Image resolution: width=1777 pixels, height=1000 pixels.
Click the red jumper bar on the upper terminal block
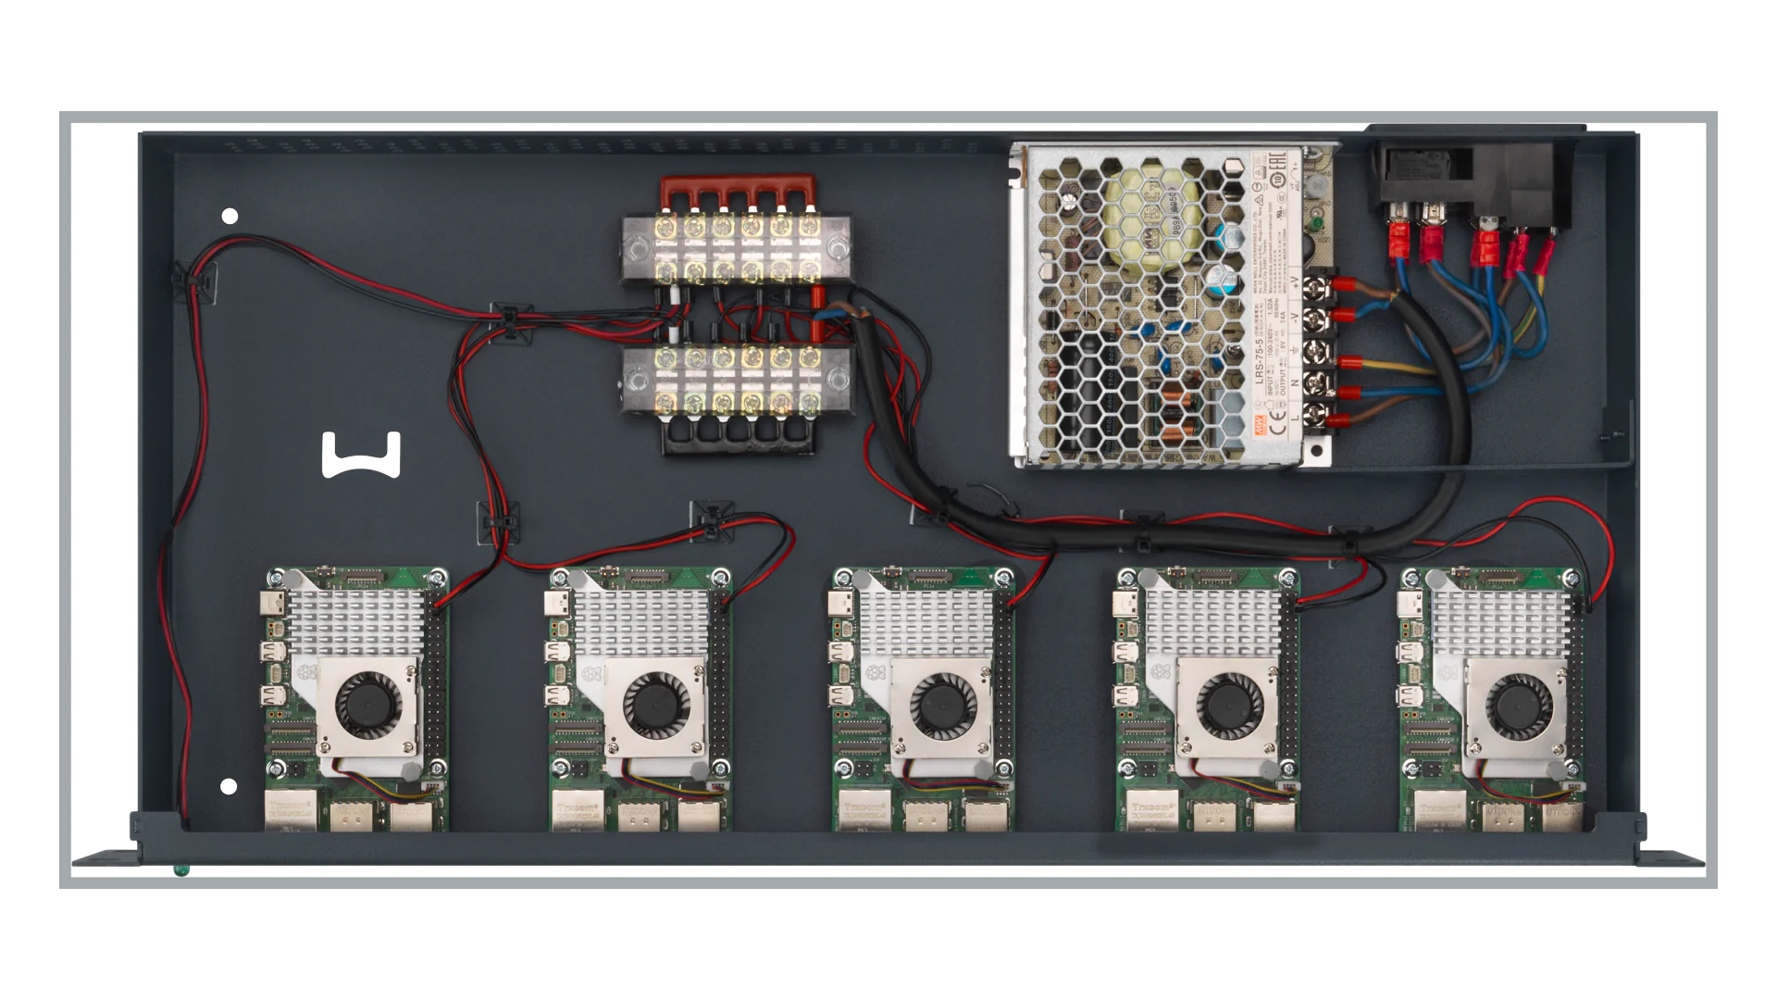(x=738, y=194)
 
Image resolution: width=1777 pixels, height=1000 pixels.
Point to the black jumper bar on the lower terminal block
(x=739, y=434)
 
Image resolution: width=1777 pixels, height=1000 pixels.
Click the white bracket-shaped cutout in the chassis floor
(x=361, y=456)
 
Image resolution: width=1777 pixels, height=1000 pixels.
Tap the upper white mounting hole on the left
(x=230, y=217)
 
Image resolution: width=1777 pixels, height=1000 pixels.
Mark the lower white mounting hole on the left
(x=229, y=787)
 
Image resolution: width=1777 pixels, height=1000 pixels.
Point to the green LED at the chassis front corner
(x=181, y=870)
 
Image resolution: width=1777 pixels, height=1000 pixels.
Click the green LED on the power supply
(x=1315, y=225)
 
